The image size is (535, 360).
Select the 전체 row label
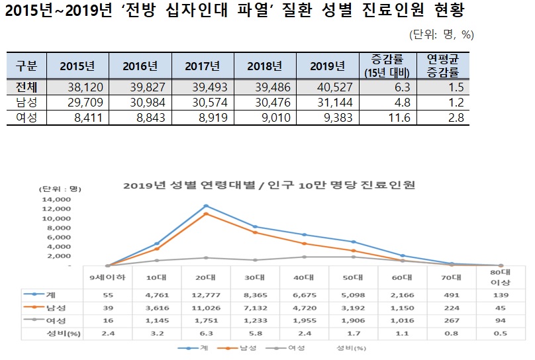[x=26, y=87]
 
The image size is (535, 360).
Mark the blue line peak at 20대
[x=206, y=206]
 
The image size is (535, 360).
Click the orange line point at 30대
[x=255, y=232]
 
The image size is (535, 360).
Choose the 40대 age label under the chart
[x=305, y=278]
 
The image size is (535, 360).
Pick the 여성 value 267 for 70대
[x=454, y=322]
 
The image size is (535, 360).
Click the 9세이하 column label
[x=107, y=278]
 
